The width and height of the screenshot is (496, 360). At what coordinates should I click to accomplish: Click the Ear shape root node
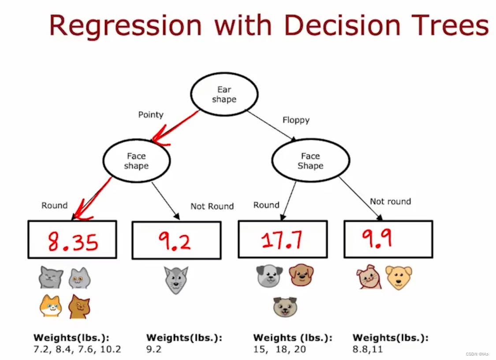point(224,94)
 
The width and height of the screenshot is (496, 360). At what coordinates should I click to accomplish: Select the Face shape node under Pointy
point(136,161)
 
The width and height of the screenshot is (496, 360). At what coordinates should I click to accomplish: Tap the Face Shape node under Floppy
point(310,161)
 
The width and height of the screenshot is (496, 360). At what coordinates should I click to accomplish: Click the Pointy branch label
point(151,115)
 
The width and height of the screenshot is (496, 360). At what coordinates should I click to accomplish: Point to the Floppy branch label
point(296,120)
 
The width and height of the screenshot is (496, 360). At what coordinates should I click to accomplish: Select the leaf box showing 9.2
point(176,240)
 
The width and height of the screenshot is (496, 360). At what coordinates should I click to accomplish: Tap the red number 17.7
point(282,240)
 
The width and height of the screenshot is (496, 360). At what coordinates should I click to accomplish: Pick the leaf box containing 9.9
point(388,239)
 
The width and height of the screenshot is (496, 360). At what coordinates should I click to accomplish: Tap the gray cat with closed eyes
point(51,277)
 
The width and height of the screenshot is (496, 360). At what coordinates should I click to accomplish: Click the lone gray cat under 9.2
point(176,279)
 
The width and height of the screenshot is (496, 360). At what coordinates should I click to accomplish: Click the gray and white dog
point(269,276)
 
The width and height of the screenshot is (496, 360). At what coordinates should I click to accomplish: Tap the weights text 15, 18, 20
point(279,349)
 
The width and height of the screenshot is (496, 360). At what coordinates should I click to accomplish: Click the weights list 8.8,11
point(368,349)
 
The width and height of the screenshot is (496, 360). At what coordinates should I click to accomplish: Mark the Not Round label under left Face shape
point(212,206)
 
